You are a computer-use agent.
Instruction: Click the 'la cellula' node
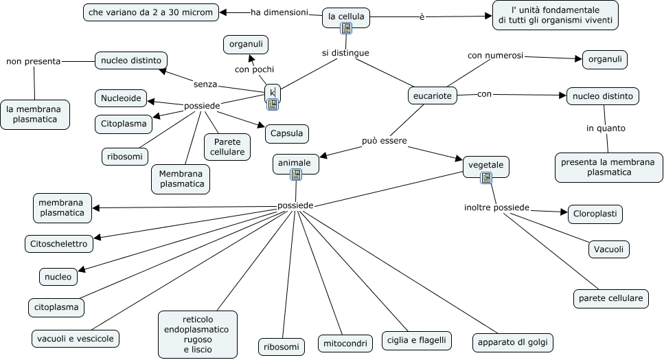[346, 16]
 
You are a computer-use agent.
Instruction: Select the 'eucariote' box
[433, 96]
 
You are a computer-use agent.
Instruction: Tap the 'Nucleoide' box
[121, 99]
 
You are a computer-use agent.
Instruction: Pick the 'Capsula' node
[286, 133]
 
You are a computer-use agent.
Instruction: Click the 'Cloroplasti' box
[595, 214]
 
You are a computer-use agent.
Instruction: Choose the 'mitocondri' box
[344, 343]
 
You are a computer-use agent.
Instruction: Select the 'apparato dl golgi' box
[512, 342]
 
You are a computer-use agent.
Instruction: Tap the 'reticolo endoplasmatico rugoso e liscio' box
[198, 335]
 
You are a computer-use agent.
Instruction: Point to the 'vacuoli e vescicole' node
[76, 338]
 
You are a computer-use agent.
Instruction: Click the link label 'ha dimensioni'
[279, 12]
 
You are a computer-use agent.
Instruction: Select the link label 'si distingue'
[345, 53]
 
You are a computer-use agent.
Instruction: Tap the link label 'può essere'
[385, 141]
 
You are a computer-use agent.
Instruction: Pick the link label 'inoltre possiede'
[496, 207]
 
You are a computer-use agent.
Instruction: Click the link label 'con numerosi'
[495, 55]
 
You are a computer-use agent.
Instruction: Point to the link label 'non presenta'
[33, 61]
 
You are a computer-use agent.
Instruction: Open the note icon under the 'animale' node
[296, 175]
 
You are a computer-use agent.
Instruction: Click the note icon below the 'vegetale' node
[486, 178]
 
